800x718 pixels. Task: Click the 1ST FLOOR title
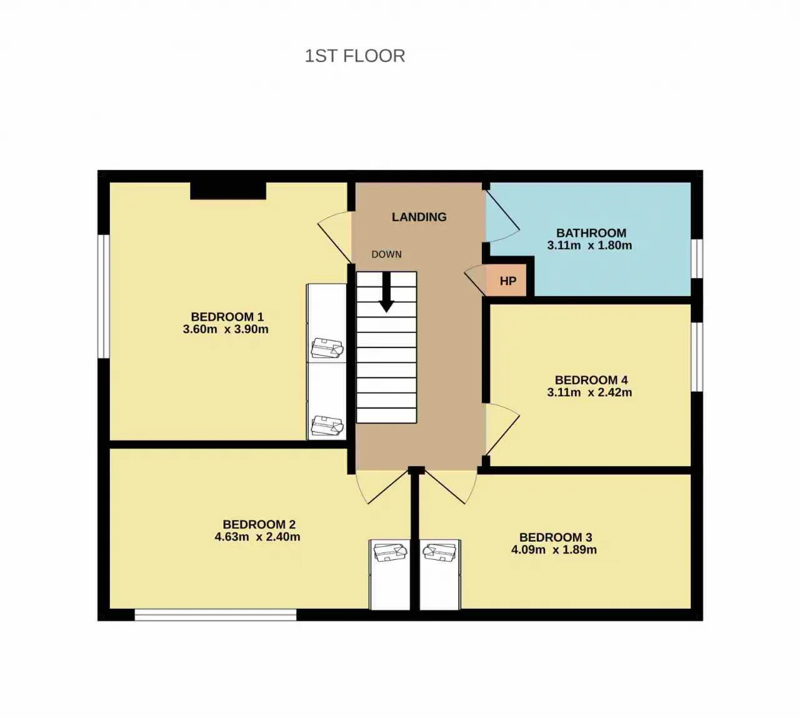(x=354, y=56)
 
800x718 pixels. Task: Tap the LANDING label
(x=419, y=217)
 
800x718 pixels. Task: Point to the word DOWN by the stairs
(x=387, y=255)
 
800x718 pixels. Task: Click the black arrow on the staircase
(x=386, y=292)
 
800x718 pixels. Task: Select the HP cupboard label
(x=507, y=281)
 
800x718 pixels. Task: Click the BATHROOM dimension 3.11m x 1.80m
(x=589, y=245)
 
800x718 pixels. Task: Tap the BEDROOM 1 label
(x=227, y=317)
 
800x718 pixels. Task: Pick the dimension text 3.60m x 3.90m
(x=226, y=329)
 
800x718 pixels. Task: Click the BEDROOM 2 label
(x=259, y=524)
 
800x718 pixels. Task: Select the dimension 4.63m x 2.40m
(x=257, y=537)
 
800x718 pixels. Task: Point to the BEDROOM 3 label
(x=556, y=537)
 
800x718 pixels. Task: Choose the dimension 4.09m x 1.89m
(x=554, y=550)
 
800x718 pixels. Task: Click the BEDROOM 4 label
(x=591, y=380)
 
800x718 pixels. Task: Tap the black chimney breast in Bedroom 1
(x=228, y=191)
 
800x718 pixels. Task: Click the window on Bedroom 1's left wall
(x=104, y=297)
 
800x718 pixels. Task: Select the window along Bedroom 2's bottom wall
(x=216, y=614)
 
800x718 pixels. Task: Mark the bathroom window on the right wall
(x=697, y=259)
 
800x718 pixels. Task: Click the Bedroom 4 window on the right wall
(x=697, y=357)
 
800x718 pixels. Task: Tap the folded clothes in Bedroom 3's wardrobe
(x=439, y=552)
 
